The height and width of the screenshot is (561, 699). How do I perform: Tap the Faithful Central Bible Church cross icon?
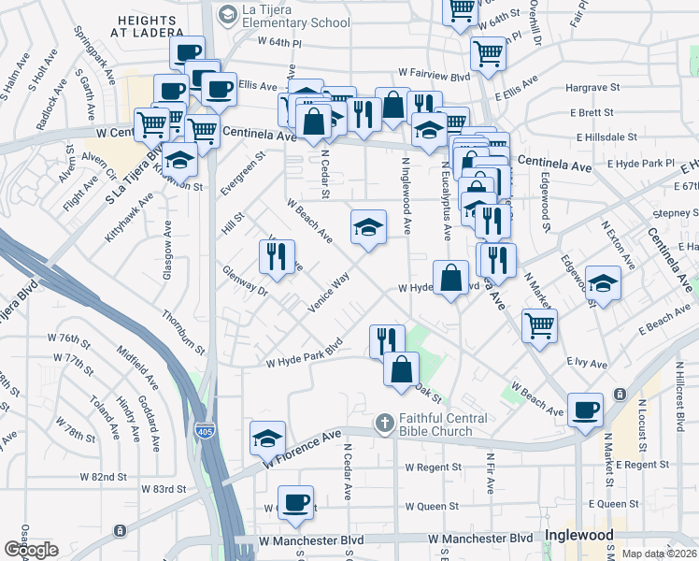(383, 424)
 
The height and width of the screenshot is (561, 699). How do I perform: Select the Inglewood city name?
(578, 537)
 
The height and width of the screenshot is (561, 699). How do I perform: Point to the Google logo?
(32, 550)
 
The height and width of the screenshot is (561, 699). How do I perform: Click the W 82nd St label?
(103, 477)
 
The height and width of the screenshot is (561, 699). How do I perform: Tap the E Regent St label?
(643, 465)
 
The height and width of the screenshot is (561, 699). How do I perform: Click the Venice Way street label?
(328, 292)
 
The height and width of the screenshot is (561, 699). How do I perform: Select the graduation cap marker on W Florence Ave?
(267, 438)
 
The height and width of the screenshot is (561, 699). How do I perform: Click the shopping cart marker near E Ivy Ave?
(539, 325)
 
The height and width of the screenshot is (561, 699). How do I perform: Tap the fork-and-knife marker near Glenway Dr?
(276, 255)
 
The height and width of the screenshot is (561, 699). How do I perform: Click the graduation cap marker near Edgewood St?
(604, 283)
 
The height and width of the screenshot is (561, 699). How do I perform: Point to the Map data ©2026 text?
(660, 554)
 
